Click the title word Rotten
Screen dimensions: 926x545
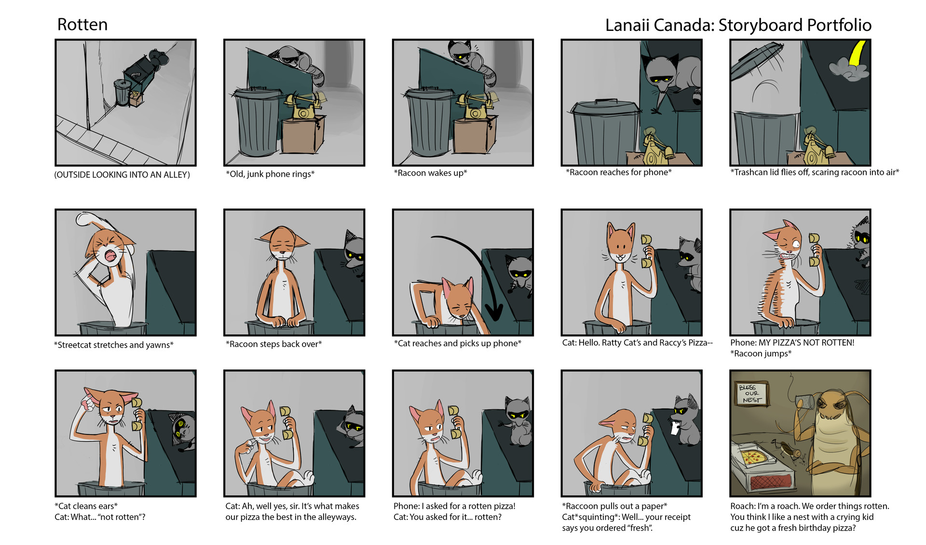pos(82,25)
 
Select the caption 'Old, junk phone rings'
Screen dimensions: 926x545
pos(270,174)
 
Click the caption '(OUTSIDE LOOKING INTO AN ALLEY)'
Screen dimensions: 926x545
pos(122,175)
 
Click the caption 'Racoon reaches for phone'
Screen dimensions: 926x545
pos(619,172)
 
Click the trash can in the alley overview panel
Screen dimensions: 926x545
pos(123,92)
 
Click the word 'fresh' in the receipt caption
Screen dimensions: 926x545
pos(640,528)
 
